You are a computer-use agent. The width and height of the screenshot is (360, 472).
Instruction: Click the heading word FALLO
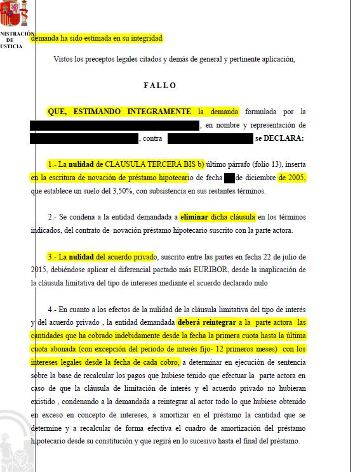[x=159, y=85]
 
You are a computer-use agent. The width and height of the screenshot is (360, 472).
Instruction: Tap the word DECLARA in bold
[x=284, y=138]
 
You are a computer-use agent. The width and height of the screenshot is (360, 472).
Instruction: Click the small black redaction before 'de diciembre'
[x=229, y=178]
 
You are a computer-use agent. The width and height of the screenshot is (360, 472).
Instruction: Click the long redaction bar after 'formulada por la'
[x=114, y=126]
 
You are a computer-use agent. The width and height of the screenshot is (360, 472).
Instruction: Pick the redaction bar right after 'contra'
[x=210, y=138]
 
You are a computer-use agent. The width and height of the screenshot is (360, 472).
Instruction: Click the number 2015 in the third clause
[x=39, y=269]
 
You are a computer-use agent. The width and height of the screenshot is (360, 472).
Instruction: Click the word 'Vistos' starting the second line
[x=66, y=60]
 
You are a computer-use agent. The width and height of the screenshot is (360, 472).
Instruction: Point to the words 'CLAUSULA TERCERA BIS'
[x=150, y=164]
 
